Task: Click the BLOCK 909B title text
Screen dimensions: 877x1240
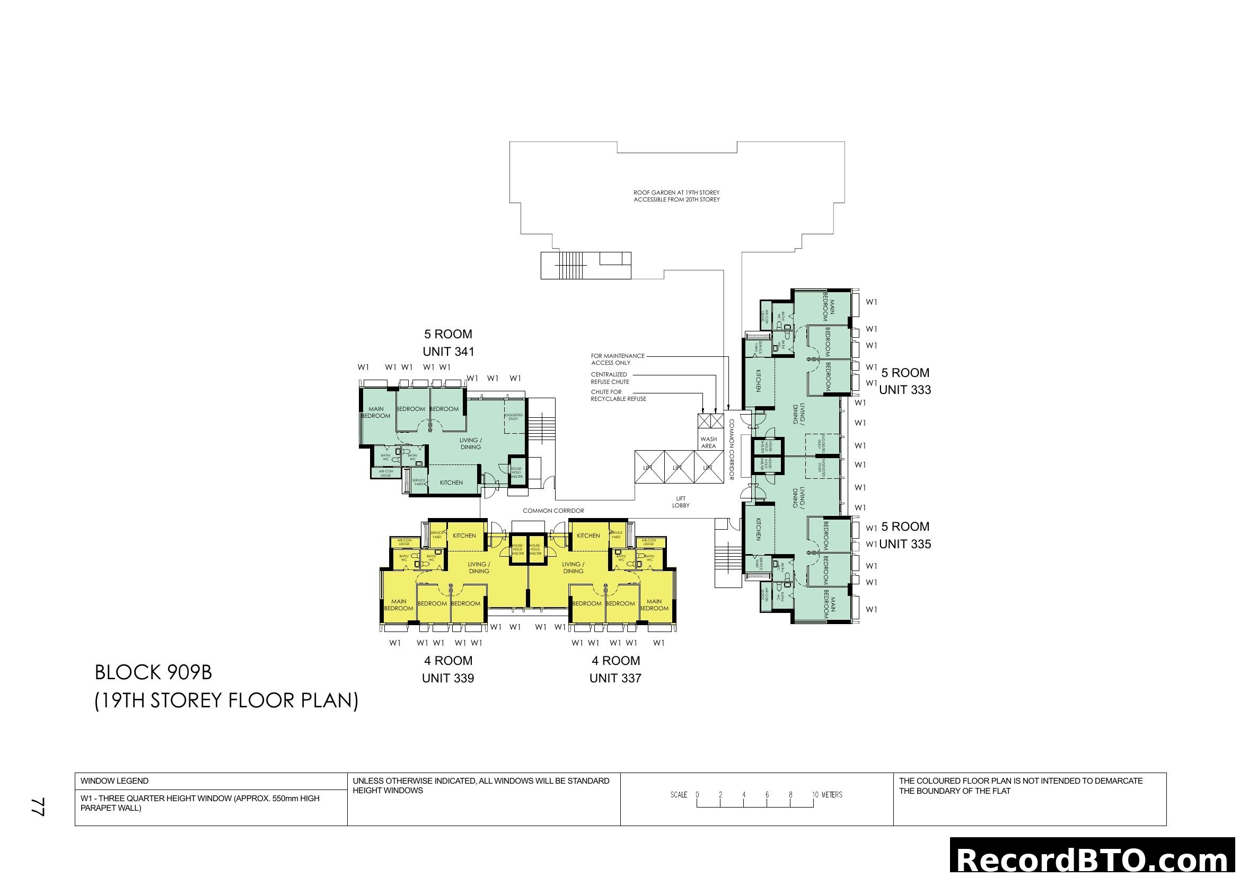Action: [153, 672]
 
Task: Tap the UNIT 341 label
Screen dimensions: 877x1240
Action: [448, 352]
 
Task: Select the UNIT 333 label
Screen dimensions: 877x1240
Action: [904, 390]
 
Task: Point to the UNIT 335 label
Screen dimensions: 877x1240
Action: [904, 544]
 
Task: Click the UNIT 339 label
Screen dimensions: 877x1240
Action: [448, 678]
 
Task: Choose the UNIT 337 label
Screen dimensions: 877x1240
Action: [615, 678]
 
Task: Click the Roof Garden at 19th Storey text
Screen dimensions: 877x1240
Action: [676, 196]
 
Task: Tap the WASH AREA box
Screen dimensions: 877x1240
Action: [708, 443]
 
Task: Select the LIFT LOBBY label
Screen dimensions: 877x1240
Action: [681, 502]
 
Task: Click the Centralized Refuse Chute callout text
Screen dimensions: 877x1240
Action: [610, 378]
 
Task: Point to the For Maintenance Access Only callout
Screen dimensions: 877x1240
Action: [617, 359]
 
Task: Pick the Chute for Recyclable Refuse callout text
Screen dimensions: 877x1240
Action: [618, 396]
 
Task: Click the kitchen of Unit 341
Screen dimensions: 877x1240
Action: [451, 482]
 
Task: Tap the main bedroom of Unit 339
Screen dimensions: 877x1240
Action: [399, 605]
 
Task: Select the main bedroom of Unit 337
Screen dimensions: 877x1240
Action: [654, 605]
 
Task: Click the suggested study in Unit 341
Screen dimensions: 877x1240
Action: [514, 417]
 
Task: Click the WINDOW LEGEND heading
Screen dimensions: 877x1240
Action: [115, 781]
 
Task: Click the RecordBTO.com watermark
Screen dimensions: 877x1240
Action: [1094, 859]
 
